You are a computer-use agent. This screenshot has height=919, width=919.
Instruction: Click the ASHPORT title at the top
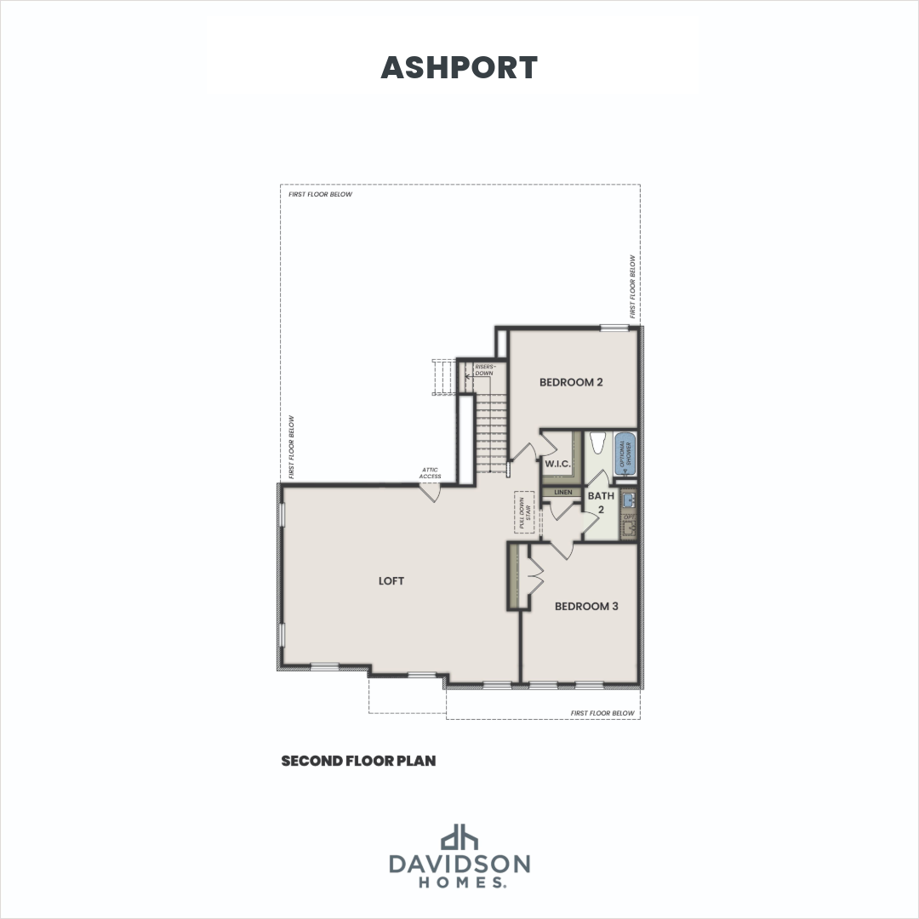tap(459, 68)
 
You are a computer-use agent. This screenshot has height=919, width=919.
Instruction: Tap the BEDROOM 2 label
tap(571, 382)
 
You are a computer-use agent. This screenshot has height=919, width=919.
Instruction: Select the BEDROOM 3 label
tap(586, 607)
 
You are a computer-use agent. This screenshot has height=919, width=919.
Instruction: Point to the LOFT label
tap(391, 581)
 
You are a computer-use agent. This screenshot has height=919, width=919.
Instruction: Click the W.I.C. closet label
tap(557, 464)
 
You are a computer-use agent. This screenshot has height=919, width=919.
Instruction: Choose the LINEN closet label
tap(562, 492)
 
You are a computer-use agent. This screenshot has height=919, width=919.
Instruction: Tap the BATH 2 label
tap(601, 502)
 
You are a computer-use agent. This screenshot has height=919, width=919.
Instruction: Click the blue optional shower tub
tap(625, 455)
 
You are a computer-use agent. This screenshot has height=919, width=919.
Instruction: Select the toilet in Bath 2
tap(597, 443)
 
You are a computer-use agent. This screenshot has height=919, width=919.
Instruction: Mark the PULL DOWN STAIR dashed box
tap(523, 513)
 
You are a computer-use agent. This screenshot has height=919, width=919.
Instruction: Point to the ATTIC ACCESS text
tap(431, 473)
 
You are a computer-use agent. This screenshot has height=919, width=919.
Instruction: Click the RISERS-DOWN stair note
tap(483, 370)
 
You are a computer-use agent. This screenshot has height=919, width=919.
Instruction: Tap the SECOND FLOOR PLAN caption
tap(358, 761)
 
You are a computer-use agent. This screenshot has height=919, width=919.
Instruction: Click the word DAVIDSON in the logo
tap(459, 865)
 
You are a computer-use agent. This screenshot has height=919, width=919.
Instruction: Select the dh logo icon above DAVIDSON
tap(459, 836)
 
